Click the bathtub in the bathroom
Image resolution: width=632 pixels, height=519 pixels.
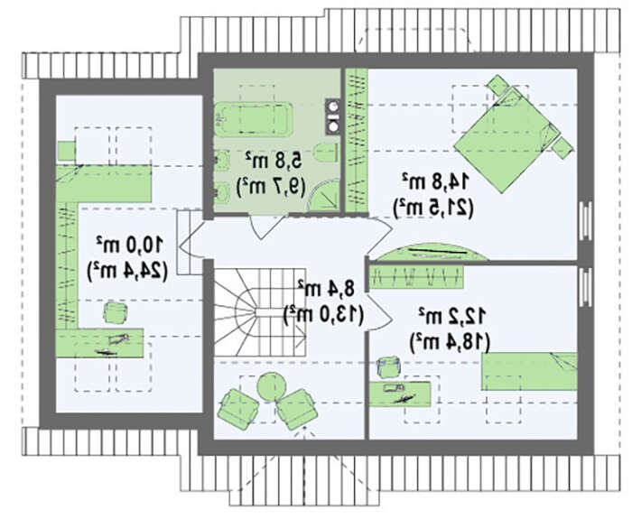(254, 119)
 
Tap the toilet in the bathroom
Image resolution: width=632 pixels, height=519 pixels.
(326, 152)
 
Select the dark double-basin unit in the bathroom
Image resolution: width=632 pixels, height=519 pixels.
(332, 116)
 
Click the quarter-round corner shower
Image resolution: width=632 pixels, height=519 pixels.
(324, 196)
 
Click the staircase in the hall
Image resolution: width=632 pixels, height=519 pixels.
(259, 312)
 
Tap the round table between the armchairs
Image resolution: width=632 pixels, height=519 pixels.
(271, 386)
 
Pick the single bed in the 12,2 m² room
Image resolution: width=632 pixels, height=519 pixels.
(529, 371)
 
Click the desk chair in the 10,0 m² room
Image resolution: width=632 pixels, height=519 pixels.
(116, 312)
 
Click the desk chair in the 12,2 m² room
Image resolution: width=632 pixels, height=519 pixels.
(388, 366)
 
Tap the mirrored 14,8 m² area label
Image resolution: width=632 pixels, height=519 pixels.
(435, 181)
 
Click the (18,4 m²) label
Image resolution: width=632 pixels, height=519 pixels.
(450, 342)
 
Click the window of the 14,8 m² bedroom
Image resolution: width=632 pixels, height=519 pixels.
(585, 222)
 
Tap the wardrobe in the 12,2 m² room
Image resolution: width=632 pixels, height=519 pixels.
(416, 276)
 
